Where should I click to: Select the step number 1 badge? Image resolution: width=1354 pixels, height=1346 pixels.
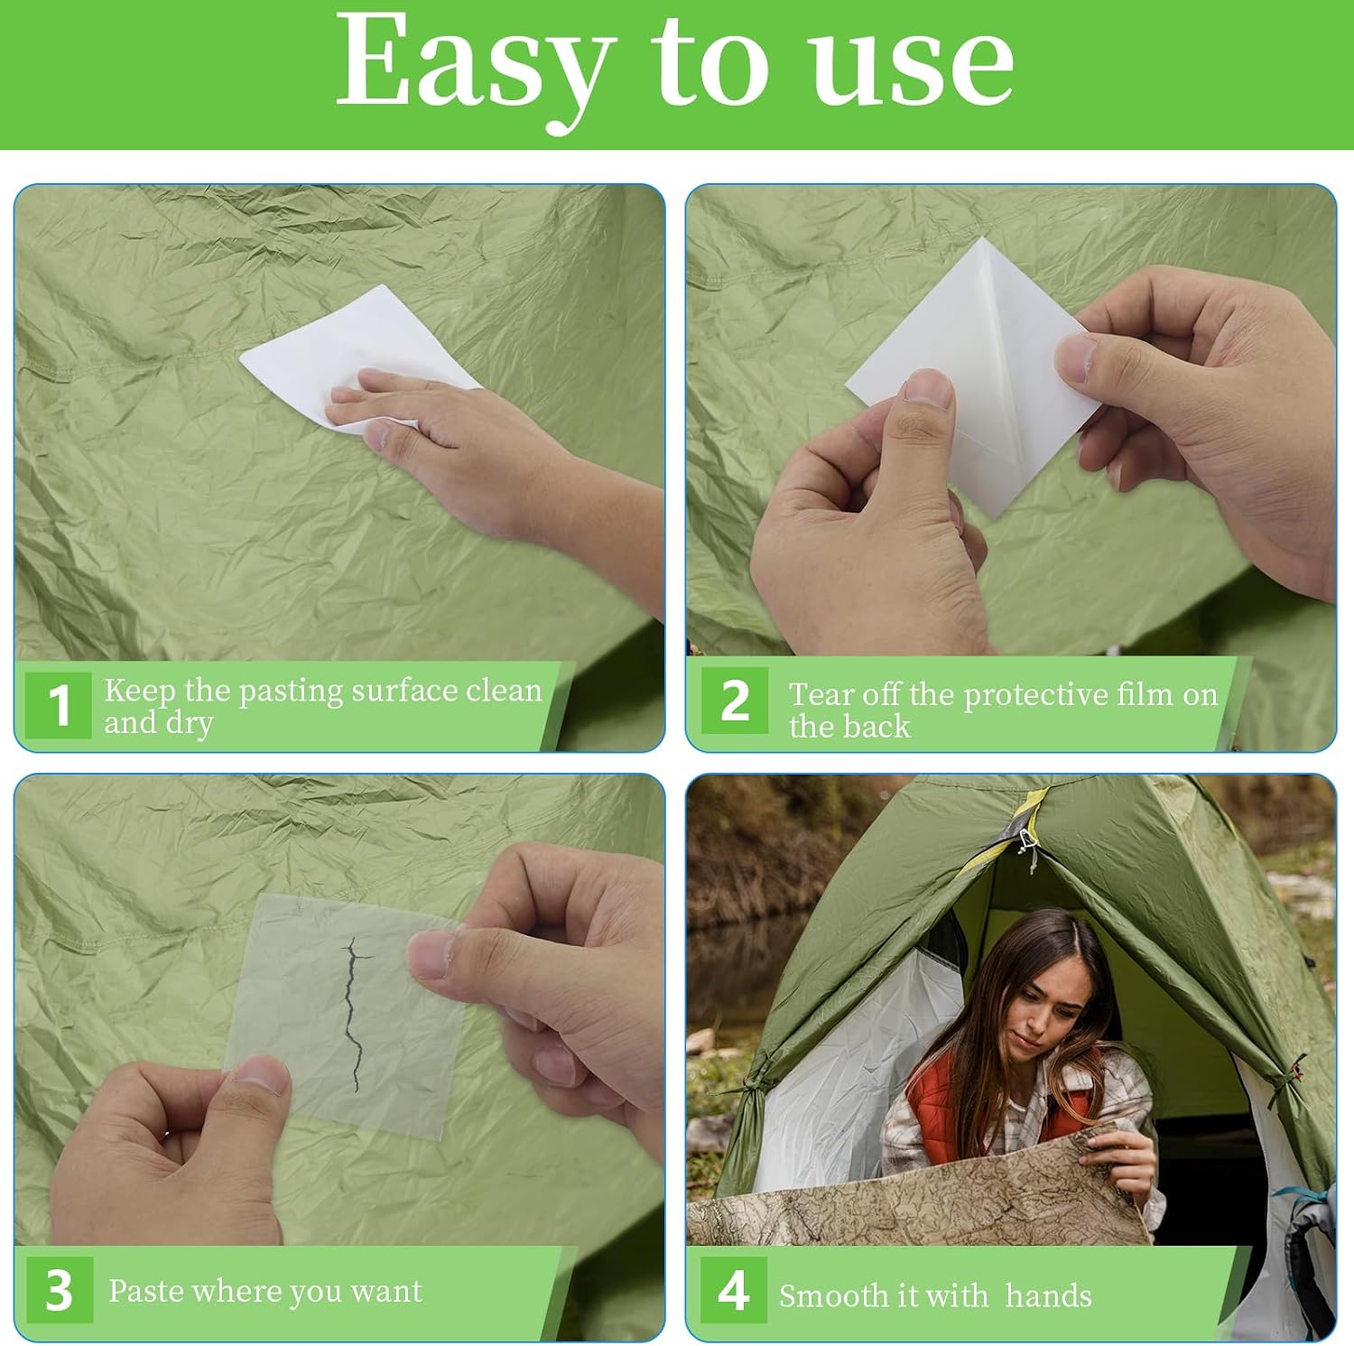[59, 705]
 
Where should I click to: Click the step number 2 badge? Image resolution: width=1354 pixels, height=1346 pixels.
[735, 701]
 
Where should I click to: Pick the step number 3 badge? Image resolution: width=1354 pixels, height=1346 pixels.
[59, 1290]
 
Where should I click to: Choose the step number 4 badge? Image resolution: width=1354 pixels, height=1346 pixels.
[734, 1290]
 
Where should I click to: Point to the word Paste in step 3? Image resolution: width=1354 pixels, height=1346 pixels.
[147, 1291]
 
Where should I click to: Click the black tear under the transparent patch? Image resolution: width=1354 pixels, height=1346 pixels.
[355, 1014]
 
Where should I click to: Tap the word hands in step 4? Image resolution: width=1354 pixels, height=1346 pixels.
[1048, 1295]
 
